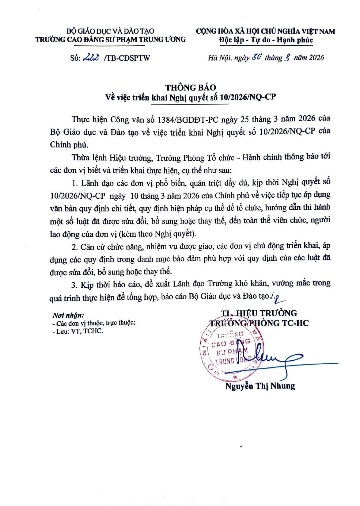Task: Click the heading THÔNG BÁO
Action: (191, 87)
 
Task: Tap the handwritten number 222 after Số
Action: (91, 57)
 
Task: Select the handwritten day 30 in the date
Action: (257, 57)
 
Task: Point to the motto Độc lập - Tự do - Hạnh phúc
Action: (266, 40)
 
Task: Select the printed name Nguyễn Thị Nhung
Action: (260, 386)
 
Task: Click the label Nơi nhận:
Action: (68, 315)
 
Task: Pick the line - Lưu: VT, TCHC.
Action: (78, 331)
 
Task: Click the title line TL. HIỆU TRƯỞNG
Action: (259, 313)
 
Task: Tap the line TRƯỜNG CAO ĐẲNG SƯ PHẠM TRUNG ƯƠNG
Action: (110, 40)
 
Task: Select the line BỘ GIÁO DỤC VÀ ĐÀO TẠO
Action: (110, 31)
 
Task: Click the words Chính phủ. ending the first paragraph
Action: (69, 145)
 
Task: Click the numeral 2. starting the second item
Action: (75, 247)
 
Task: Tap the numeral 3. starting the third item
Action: (74, 285)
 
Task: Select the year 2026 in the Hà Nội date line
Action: (316, 58)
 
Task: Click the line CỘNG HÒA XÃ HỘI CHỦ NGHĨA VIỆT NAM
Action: (265, 31)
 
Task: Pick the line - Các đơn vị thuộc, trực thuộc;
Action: (94, 323)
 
